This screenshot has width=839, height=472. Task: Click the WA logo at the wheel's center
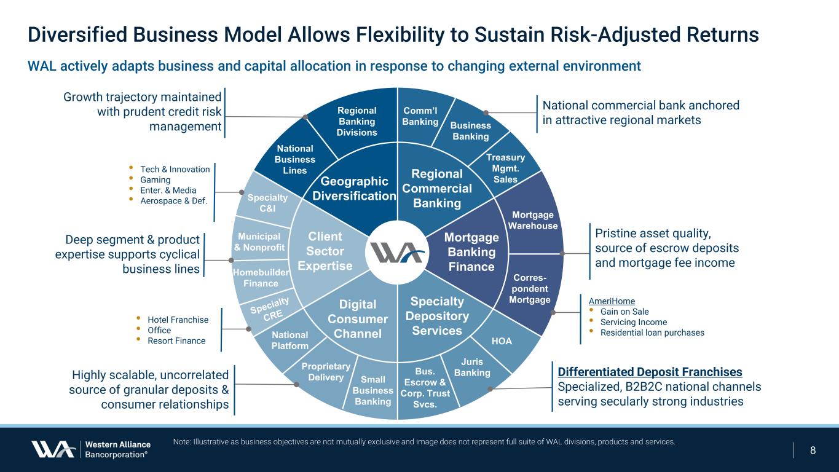tap(398, 253)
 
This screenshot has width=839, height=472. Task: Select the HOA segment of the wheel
tap(502, 341)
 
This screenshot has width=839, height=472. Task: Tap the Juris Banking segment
tap(472, 367)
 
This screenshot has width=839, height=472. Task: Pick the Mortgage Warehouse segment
tap(533, 220)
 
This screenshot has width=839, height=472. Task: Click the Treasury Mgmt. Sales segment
tap(505, 168)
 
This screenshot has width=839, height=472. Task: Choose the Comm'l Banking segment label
tap(420, 116)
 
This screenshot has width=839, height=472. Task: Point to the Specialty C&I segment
tap(267, 203)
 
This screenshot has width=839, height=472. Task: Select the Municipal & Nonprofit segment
tap(259, 242)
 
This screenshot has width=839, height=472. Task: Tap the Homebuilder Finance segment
tap(261, 278)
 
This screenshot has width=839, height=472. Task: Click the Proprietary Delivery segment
tap(326, 372)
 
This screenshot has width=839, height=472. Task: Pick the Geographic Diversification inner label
tap(354, 189)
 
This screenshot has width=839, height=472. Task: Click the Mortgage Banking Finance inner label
tap(471, 252)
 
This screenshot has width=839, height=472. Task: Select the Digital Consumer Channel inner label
tap(358, 319)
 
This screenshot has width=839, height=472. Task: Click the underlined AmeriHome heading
tap(612, 301)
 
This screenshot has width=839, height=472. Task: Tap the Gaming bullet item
tap(155, 180)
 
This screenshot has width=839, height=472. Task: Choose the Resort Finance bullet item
tap(176, 341)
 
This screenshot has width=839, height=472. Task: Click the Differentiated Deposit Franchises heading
tap(650, 372)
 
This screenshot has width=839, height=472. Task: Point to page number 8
tap(813, 450)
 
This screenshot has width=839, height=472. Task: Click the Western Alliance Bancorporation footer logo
tap(91, 449)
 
